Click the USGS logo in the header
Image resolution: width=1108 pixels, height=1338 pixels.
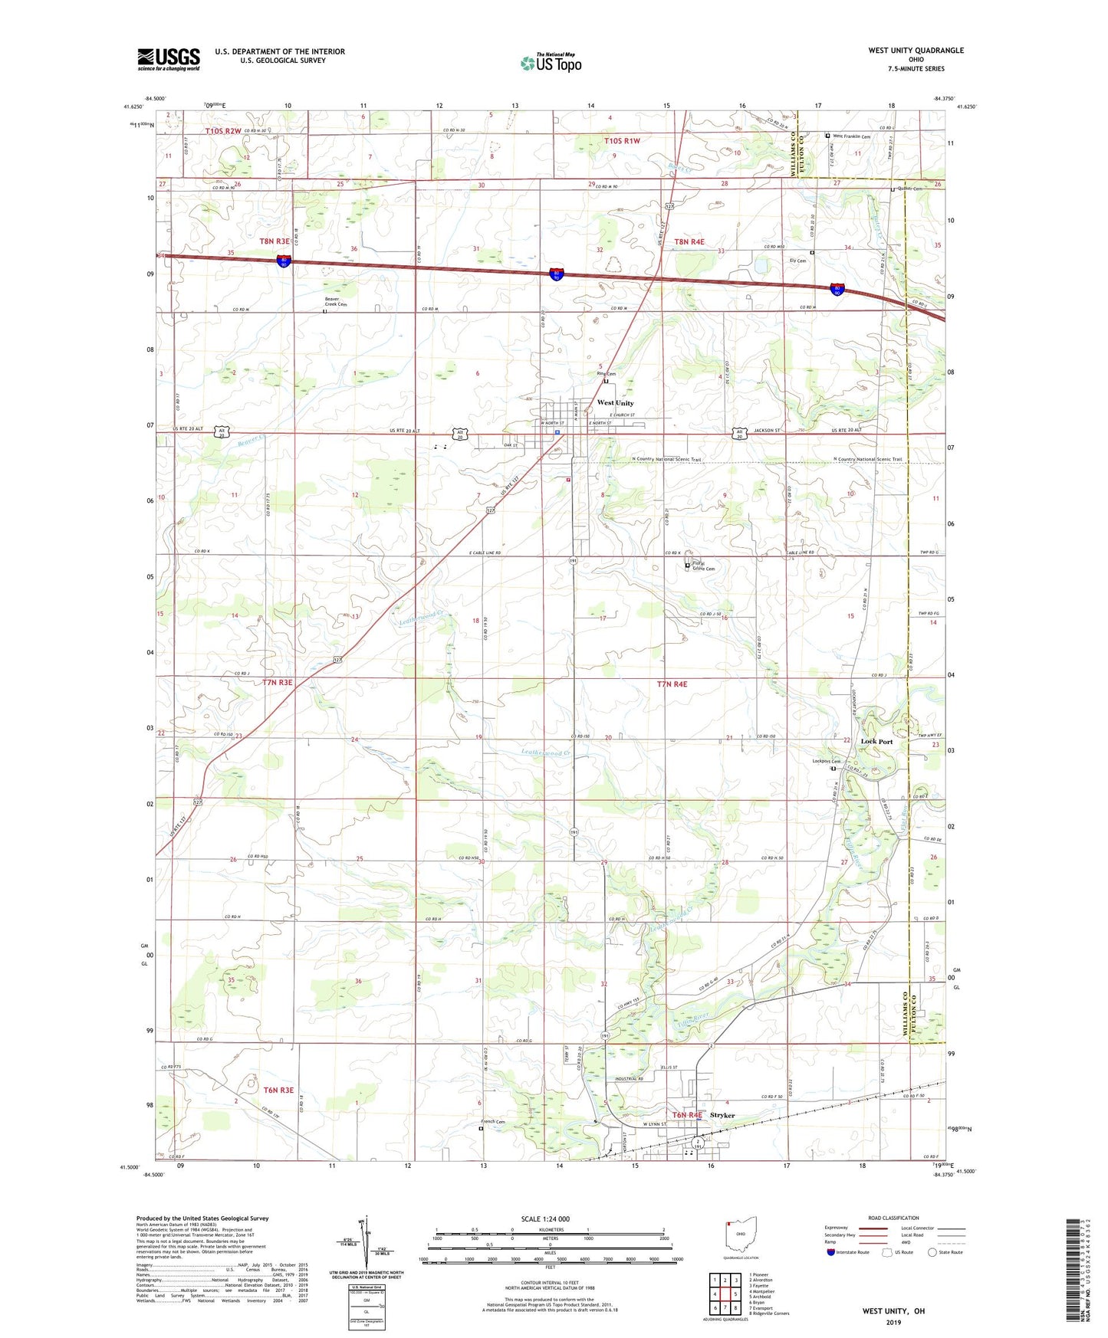point(169,59)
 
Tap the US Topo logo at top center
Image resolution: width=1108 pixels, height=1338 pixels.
point(551,63)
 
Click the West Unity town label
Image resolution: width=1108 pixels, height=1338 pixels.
point(615,403)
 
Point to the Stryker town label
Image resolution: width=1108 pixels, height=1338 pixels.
point(722,1115)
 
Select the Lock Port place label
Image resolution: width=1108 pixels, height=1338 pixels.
point(876,742)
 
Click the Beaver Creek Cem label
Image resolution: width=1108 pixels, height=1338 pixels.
point(335,301)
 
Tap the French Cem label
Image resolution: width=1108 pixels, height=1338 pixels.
point(495,1123)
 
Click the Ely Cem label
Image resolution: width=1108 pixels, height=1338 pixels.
point(797,261)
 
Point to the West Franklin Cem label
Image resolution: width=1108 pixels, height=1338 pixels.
point(851,136)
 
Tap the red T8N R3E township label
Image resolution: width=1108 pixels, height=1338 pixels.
point(275,241)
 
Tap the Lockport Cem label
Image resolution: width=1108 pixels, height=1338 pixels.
point(827,761)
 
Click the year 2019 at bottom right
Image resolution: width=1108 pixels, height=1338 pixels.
point(893,1323)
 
